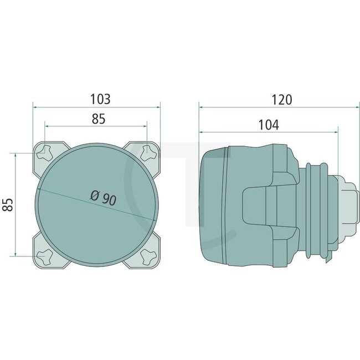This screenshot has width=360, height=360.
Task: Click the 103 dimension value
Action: [100, 100]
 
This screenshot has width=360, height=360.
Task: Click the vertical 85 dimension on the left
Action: [8, 204]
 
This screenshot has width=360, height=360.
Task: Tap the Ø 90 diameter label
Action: [102, 197]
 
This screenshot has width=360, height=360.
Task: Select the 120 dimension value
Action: [281, 100]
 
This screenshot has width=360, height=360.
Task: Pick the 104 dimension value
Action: [268, 125]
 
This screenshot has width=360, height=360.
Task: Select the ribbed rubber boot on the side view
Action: [316, 205]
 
